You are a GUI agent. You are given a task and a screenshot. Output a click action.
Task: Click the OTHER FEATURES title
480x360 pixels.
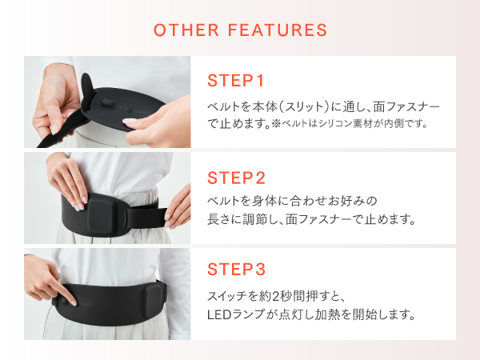240,30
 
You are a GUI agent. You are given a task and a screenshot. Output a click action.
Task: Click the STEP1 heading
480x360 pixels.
235,81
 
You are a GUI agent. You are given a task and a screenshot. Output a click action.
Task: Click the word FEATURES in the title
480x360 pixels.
278,30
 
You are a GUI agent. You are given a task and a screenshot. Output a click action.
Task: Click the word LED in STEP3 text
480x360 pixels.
218,314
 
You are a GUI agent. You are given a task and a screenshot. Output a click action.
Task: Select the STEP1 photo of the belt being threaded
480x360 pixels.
106,102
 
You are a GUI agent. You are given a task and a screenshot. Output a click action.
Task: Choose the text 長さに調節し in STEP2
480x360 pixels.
246,218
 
